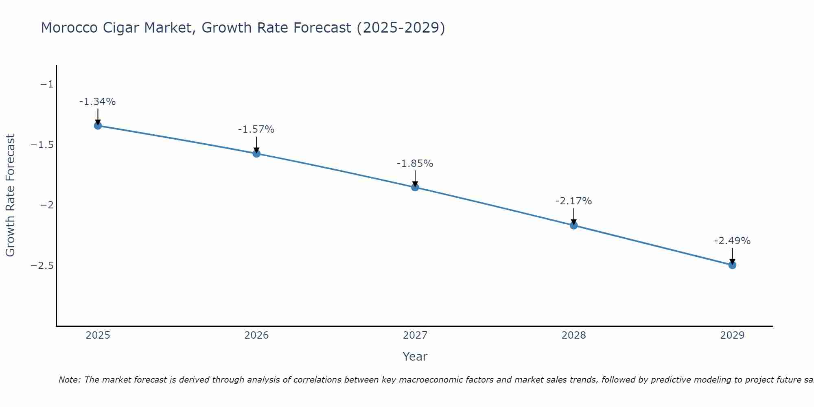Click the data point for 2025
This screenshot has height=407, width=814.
click(98, 125)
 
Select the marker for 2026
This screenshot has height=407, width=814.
click(256, 153)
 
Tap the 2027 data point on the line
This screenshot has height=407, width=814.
click(415, 187)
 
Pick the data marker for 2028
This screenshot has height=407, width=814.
click(574, 225)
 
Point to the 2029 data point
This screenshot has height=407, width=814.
click(732, 265)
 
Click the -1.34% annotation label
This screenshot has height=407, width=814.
click(97, 102)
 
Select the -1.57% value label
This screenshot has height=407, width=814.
click(256, 129)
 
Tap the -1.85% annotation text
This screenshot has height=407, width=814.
click(415, 164)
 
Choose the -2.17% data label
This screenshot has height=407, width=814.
click(573, 201)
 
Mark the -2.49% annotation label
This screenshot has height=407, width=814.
click(732, 241)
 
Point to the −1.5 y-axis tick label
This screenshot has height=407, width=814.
click(42, 145)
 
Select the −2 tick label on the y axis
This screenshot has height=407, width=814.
click(46, 205)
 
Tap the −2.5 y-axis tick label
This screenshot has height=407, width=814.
click(42, 265)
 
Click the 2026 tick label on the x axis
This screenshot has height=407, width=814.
click(256, 335)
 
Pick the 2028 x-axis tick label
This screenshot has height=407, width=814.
click(574, 335)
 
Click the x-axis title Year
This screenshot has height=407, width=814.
click(415, 357)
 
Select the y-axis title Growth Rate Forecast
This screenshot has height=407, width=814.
click(10, 195)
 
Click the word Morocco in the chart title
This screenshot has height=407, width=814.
click(69, 28)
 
